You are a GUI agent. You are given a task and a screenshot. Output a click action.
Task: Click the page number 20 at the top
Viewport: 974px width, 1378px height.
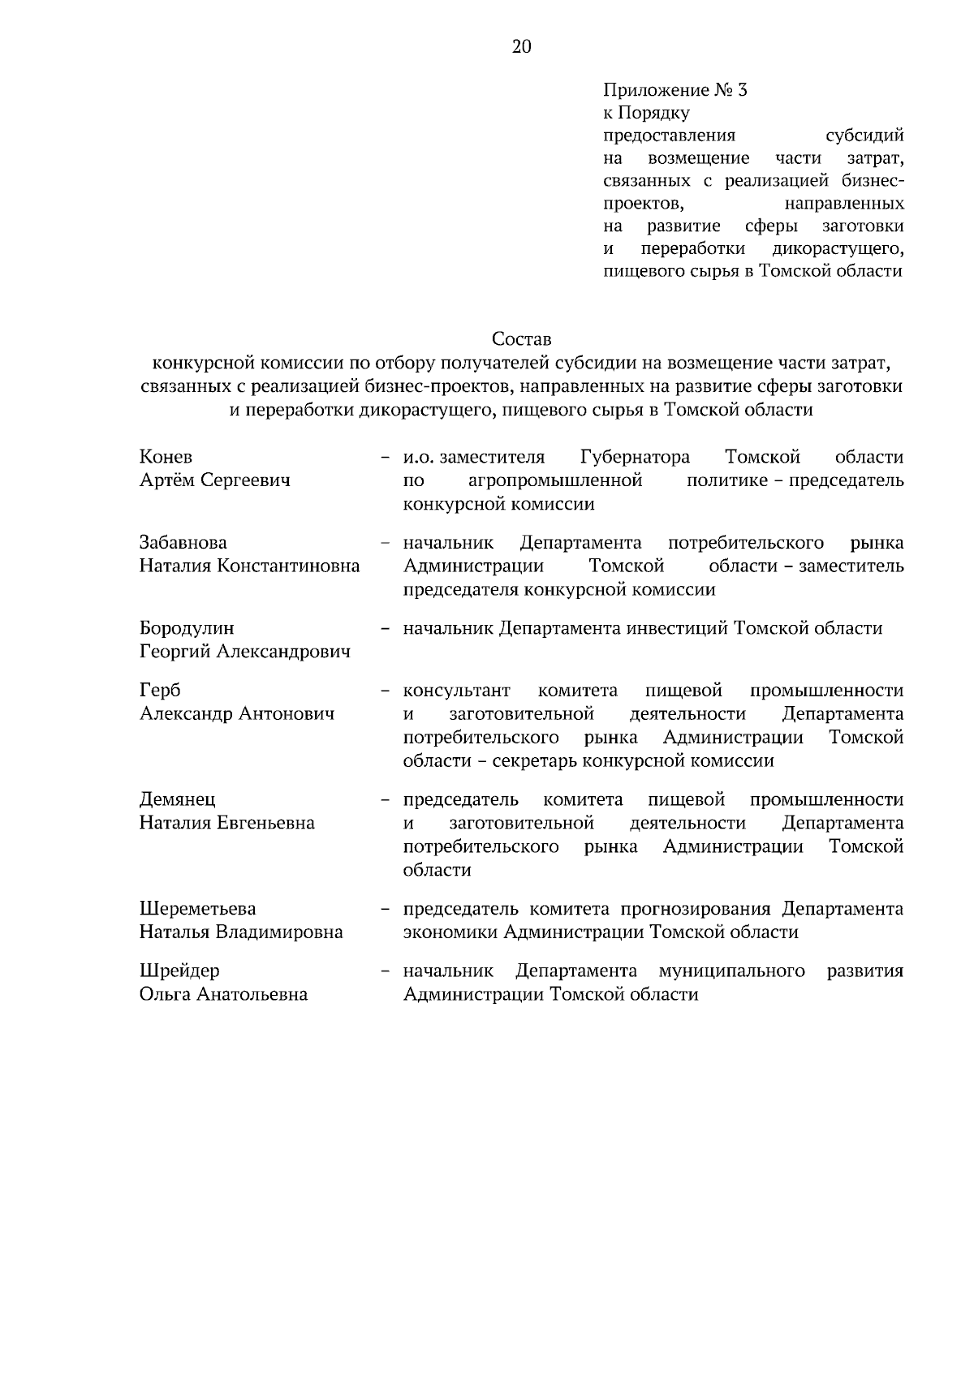[521, 47]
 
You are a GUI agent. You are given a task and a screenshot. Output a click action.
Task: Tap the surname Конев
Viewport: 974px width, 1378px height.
[166, 457]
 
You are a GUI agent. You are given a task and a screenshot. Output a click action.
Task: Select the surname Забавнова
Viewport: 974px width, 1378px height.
[183, 543]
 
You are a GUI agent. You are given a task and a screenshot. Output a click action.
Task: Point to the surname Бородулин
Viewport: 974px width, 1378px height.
[187, 628]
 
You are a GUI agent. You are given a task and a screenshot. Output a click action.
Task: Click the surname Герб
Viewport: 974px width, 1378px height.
[160, 691]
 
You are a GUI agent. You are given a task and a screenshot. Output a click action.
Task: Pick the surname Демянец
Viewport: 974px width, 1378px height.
[178, 800]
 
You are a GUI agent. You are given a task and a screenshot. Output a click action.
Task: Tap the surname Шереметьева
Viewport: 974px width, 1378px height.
[198, 909]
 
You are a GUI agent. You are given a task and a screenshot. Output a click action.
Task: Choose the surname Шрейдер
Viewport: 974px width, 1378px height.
[179, 971]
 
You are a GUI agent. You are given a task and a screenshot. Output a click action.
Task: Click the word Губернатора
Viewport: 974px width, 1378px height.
[636, 457]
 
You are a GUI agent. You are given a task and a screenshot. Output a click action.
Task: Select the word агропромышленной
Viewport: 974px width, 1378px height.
[556, 480]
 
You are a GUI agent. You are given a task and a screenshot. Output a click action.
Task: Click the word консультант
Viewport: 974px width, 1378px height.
[457, 691]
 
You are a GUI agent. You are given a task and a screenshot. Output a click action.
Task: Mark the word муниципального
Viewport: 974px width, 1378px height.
[732, 971]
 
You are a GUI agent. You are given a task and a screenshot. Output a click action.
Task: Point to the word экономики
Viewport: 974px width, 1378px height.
[450, 932]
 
